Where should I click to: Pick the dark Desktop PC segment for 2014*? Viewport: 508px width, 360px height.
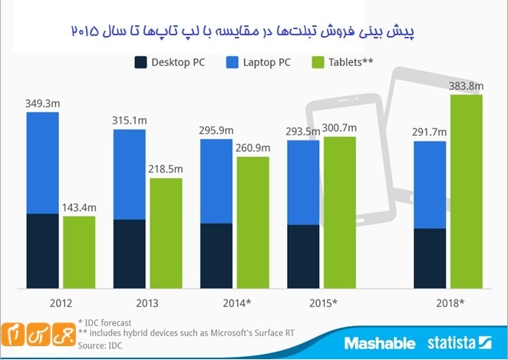click(x=216, y=255)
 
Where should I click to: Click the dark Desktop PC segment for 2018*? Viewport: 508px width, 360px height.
click(x=430, y=257)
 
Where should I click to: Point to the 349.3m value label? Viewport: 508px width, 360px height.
click(x=43, y=102)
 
